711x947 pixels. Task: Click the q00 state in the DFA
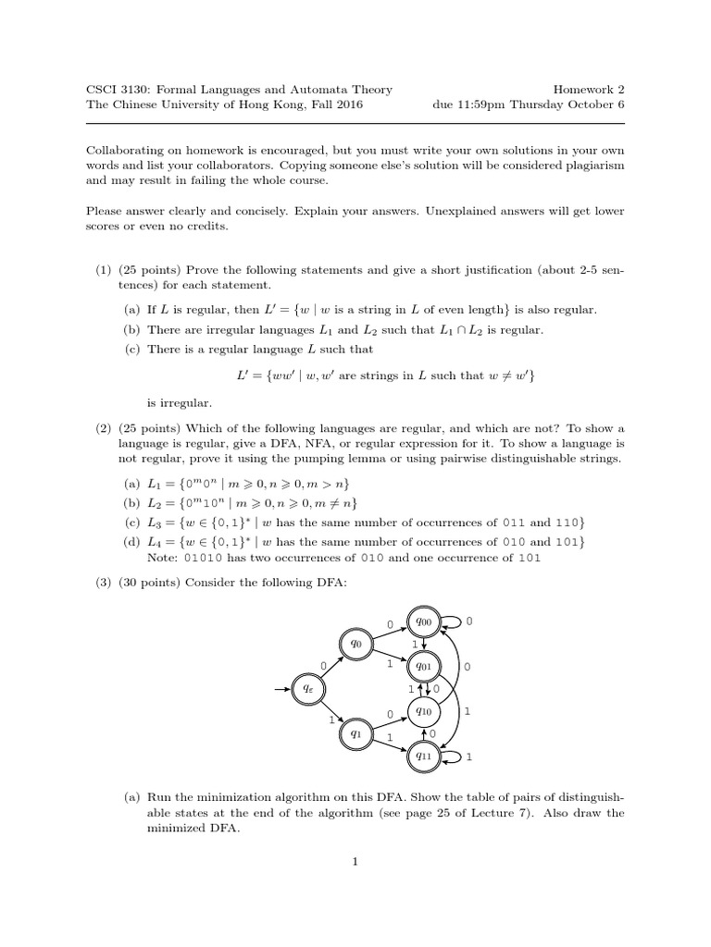click(x=425, y=623)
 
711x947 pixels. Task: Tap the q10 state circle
click(x=424, y=711)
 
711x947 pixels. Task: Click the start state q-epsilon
click(x=308, y=688)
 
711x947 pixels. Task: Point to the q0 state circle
click(x=355, y=643)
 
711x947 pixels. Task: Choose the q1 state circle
click(x=355, y=733)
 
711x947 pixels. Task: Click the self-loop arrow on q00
click(x=455, y=622)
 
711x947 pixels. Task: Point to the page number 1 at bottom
click(x=355, y=862)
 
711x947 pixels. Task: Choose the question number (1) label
click(x=103, y=269)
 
